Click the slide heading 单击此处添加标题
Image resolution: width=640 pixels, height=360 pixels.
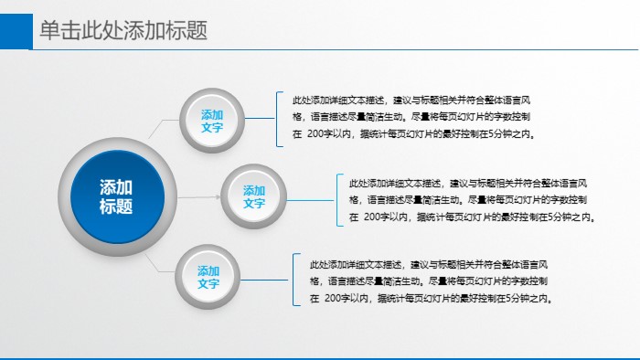123,31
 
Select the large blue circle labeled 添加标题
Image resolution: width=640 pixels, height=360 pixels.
116,196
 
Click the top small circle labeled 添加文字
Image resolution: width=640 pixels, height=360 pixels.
212,121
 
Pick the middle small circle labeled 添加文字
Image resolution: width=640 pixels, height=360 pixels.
254,196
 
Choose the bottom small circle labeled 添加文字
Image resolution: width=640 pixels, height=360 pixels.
208,277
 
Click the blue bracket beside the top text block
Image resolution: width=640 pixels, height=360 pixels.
278,119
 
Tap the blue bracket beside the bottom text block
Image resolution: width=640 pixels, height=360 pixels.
294,280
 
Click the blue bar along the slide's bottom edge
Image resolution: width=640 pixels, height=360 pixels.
320,357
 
